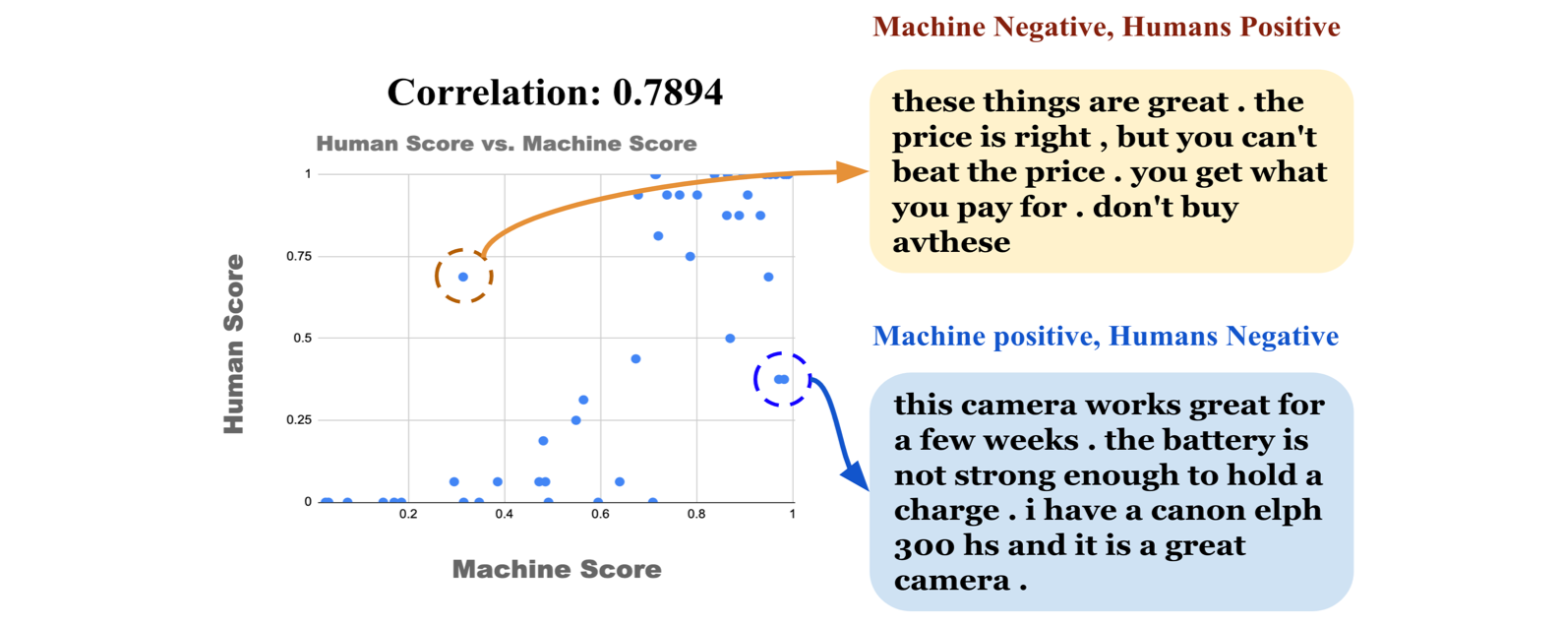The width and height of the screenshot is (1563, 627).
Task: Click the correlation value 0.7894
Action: click(668, 93)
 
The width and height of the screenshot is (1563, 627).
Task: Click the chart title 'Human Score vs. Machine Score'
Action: click(507, 144)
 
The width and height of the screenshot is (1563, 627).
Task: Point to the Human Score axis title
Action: click(234, 344)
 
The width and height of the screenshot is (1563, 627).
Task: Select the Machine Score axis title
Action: click(557, 569)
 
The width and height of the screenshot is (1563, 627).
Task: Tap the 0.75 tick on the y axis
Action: click(299, 256)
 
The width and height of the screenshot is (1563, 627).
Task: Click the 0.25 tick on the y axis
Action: click(299, 419)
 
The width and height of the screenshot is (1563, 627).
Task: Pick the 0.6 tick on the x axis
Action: click(600, 515)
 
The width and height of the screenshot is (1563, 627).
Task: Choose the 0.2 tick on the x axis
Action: click(408, 515)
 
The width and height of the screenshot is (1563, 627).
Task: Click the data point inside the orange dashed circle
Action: click(463, 278)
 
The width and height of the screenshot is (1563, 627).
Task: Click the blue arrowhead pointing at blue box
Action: click(856, 476)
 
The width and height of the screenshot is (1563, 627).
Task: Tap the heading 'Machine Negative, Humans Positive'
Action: click(1106, 28)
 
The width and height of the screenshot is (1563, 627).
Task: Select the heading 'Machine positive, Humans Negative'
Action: click(1106, 337)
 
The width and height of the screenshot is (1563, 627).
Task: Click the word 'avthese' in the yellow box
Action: click(951, 242)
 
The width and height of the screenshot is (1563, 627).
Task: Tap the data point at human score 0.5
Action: click(730, 339)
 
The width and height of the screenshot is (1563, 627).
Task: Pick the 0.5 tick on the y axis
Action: click(303, 338)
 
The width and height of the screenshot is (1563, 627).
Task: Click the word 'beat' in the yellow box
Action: click(926, 172)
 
